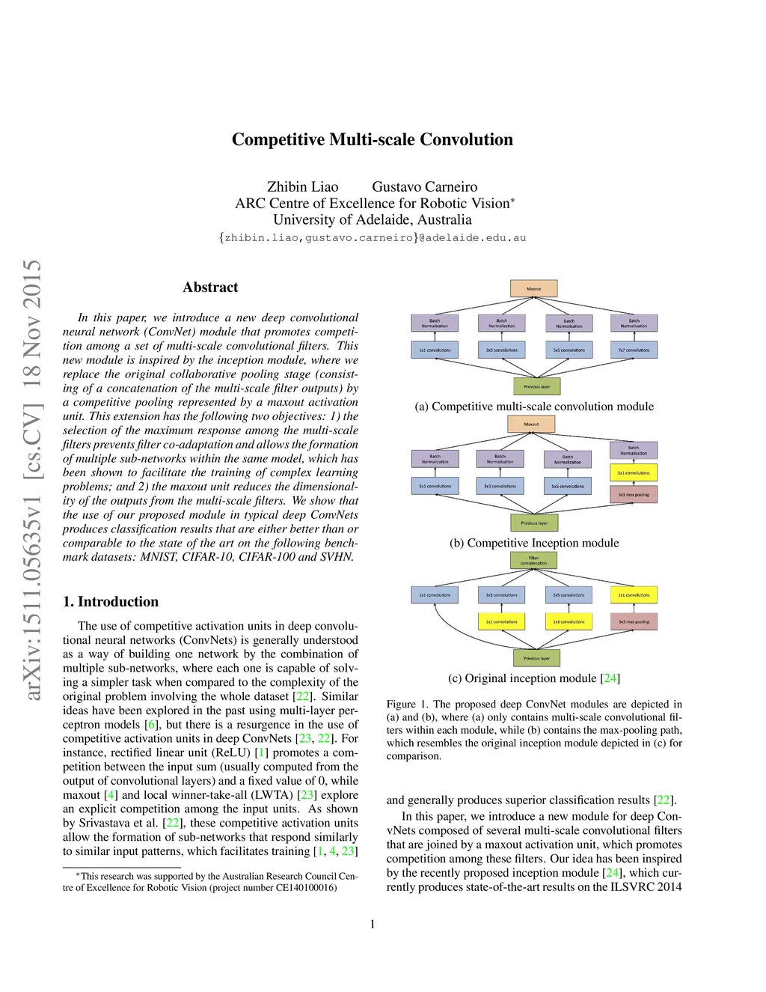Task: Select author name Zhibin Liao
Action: click(302, 187)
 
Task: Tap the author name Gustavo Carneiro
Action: click(424, 187)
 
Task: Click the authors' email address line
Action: click(373, 238)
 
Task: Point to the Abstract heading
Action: click(210, 287)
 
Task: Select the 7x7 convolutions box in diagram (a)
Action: click(634, 350)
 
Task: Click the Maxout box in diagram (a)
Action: click(533, 288)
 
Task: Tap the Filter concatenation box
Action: click(533, 560)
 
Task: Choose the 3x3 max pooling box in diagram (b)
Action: click(634, 495)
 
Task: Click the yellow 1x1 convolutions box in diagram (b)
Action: click(634, 473)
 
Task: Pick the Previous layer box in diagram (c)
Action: click(536, 658)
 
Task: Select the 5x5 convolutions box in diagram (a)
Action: click(569, 350)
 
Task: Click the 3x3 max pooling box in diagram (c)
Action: click(634, 621)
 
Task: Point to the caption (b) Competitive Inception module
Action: click(534, 544)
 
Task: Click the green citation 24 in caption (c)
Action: click(610, 678)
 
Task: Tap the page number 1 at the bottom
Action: click(373, 925)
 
